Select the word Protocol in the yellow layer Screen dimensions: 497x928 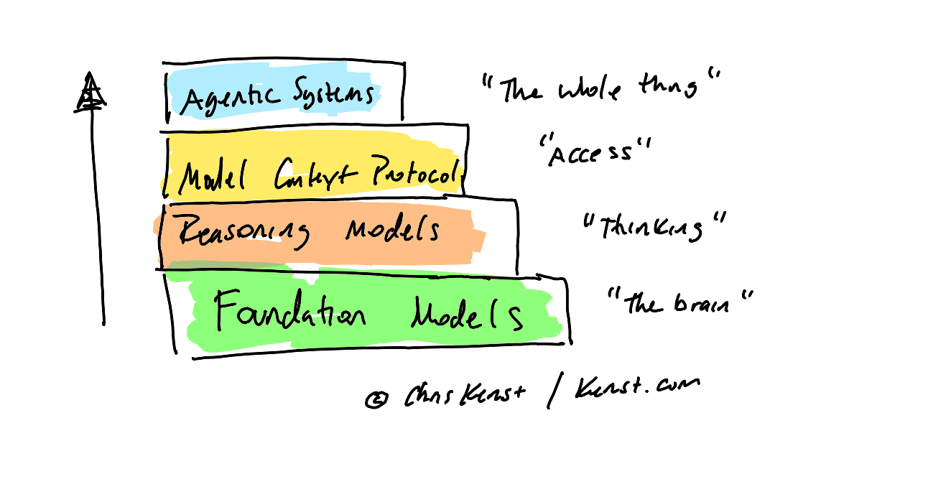[x=412, y=173]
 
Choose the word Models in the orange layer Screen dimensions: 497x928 [x=392, y=231]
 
